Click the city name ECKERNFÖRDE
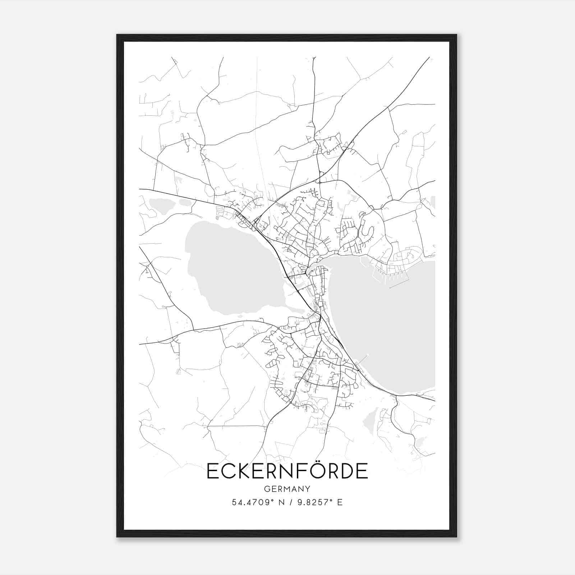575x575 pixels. click(287, 471)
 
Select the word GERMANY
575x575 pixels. click(287, 489)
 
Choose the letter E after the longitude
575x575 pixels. click(340, 502)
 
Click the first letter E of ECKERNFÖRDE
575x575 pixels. click(212, 471)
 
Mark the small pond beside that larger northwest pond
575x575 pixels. click(185, 203)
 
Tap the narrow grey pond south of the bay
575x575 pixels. click(370, 420)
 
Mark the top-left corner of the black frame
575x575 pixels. click(117, 35)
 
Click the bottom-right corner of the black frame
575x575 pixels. click(456, 537)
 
